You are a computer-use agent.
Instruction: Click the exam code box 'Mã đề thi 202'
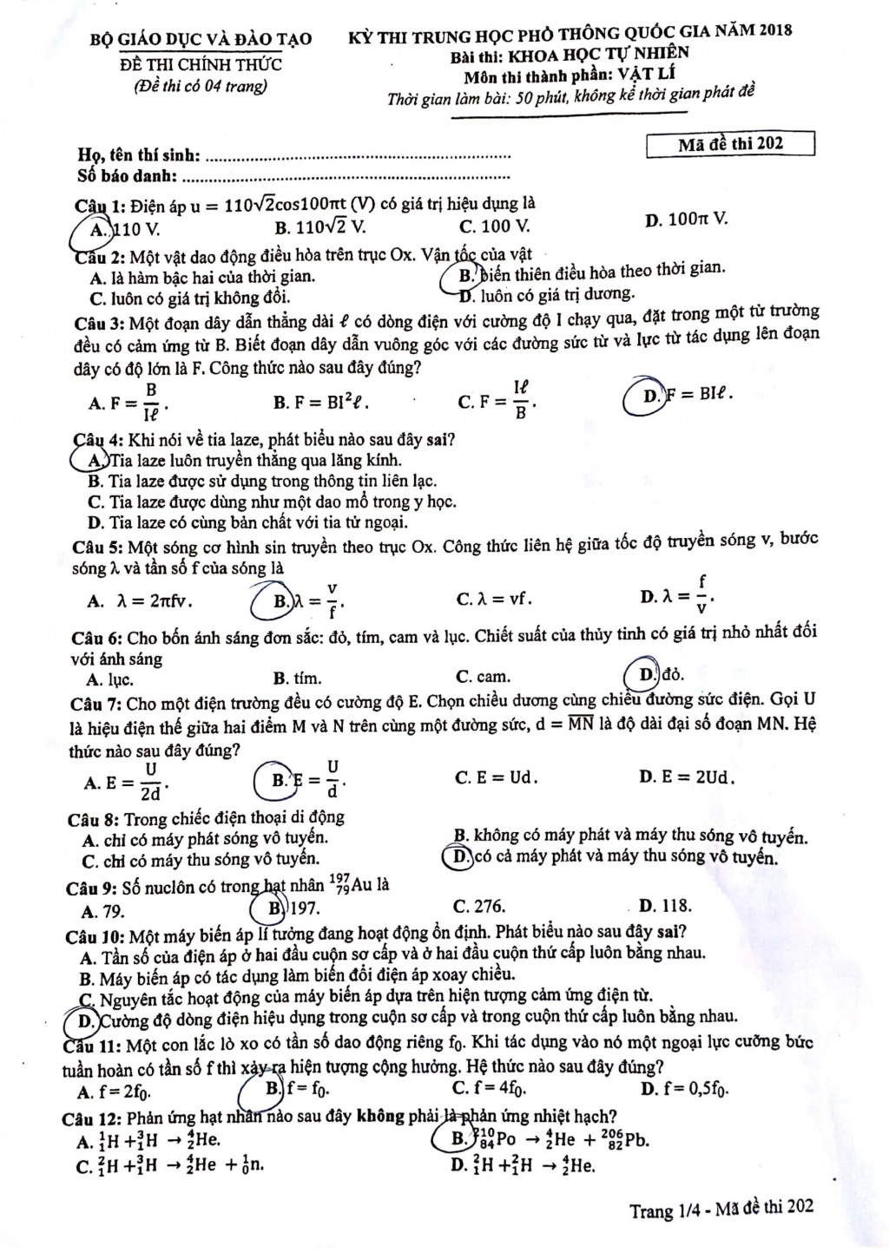pos(730,144)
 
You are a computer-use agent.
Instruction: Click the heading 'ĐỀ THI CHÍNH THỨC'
pos(201,64)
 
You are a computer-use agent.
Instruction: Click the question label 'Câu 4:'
pos(97,440)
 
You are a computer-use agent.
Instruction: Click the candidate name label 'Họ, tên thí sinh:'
pos(140,156)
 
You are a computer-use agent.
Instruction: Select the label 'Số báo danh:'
pos(128,176)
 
